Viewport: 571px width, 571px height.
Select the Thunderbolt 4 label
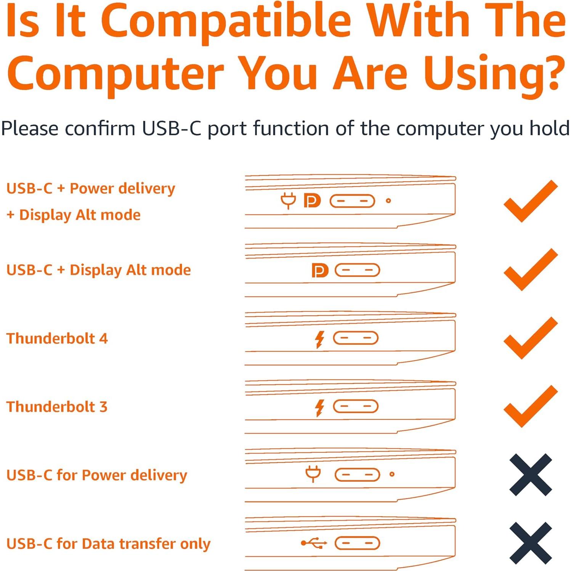[x=57, y=338]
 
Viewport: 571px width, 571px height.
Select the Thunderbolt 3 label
[x=57, y=407]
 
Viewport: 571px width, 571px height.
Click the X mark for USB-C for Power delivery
[x=531, y=475]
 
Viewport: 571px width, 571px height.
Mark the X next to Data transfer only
[x=531, y=543]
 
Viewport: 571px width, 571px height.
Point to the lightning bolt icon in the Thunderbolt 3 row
[x=319, y=407]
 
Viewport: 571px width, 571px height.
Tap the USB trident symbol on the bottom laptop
[x=314, y=543]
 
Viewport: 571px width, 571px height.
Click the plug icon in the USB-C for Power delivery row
[x=313, y=474]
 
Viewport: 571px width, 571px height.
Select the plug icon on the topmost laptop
[x=288, y=200]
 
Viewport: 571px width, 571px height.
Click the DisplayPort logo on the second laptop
[x=319, y=270]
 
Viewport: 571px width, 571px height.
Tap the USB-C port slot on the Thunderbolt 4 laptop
[x=355, y=338]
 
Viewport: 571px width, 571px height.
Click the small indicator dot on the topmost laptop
[x=388, y=200]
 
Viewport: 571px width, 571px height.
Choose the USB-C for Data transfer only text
[x=108, y=544]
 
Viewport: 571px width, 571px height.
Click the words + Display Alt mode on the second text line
[x=74, y=215]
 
